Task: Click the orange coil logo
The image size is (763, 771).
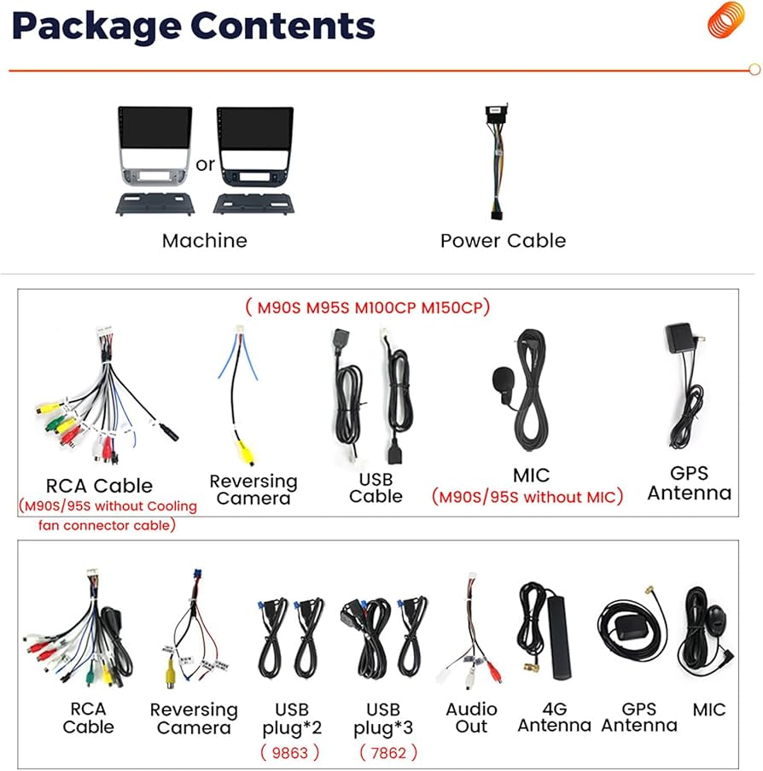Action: pos(726,20)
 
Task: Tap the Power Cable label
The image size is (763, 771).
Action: pos(503,241)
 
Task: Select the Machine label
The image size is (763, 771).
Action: pos(205,241)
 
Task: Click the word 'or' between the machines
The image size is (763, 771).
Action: pos(205,164)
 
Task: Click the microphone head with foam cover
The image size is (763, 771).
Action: pos(502,378)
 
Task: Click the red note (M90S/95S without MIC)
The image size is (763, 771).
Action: pos(527,496)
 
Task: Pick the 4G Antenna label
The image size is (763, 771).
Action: pos(554,717)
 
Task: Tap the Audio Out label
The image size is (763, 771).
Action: pos(471,717)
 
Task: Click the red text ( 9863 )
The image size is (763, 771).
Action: pos(290,752)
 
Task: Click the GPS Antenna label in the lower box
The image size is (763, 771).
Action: pos(639,717)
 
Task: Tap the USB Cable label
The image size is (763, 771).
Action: pos(376,487)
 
